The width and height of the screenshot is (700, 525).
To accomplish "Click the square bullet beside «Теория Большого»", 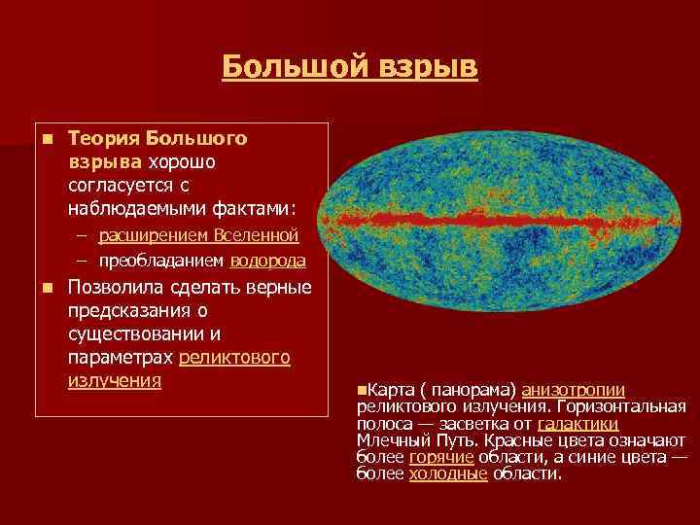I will [46, 140].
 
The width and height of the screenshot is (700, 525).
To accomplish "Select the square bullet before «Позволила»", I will [46, 289].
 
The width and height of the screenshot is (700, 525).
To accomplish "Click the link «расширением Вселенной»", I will [198, 236].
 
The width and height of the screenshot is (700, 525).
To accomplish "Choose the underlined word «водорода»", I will [267, 261].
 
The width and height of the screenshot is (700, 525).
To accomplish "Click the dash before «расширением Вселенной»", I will [84, 236].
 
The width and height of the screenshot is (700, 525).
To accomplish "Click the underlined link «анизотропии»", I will [573, 389].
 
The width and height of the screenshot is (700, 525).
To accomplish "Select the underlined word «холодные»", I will [447, 474].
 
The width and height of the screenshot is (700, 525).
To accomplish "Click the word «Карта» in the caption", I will [390, 389].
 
